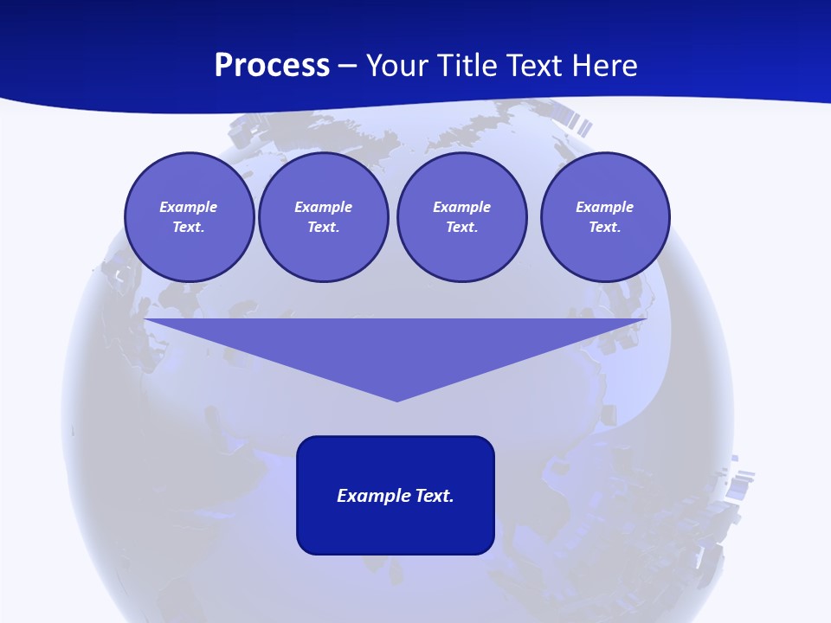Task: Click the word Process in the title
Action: (272, 66)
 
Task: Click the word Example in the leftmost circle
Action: (189, 207)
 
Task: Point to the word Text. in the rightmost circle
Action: (605, 227)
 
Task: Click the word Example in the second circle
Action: (324, 207)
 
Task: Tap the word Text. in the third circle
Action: (462, 227)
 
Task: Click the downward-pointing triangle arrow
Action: (396, 346)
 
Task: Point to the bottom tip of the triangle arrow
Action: (396, 400)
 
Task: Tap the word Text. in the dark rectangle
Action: (435, 496)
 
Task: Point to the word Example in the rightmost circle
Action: (605, 207)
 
